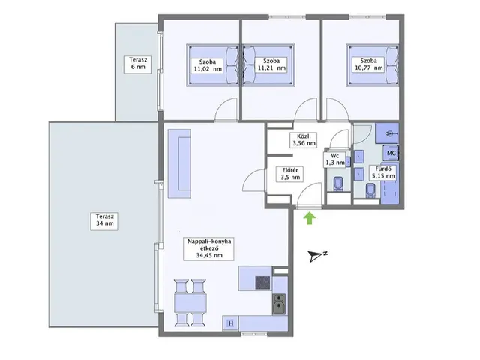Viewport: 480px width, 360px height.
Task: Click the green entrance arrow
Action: (x=310, y=218)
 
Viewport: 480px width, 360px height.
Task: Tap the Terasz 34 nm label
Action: (x=105, y=220)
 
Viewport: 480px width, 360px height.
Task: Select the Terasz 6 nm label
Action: (x=137, y=64)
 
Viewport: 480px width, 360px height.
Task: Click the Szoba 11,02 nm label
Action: (x=208, y=65)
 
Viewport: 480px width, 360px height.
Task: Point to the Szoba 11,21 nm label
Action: (x=271, y=65)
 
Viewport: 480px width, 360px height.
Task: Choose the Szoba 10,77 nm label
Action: (x=368, y=64)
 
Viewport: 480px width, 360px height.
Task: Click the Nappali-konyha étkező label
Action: (x=209, y=248)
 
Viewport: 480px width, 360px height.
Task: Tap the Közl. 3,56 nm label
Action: (x=303, y=139)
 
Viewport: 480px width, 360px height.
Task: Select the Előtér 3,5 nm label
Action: (x=289, y=174)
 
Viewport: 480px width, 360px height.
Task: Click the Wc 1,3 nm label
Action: (x=335, y=159)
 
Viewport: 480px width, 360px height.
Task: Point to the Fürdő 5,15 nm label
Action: (x=382, y=172)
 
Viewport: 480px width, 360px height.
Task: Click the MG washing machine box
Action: (x=391, y=153)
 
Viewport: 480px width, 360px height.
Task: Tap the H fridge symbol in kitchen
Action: (x=231, y=323)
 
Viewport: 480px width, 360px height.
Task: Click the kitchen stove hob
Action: (x=263, y=283)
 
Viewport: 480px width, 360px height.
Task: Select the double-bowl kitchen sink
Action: (x=279, y=303)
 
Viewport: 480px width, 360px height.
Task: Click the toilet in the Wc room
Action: (x=338, y=184)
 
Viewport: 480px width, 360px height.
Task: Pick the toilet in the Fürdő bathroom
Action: (x=370, y=190)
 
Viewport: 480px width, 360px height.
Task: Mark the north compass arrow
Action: (x=315, y=256)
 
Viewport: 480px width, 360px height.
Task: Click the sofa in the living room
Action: (x=179, y=163)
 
